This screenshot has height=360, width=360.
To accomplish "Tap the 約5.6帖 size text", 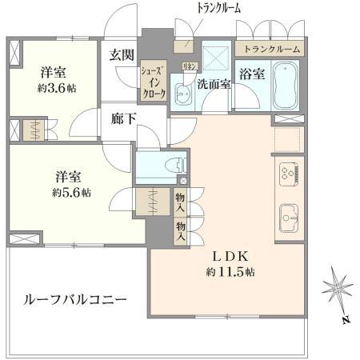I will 73,193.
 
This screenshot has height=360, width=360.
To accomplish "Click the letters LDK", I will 231,256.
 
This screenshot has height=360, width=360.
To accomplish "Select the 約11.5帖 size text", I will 231,272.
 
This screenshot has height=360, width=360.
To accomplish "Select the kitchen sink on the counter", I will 289,214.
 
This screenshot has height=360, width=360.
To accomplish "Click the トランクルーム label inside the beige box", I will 273,50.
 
